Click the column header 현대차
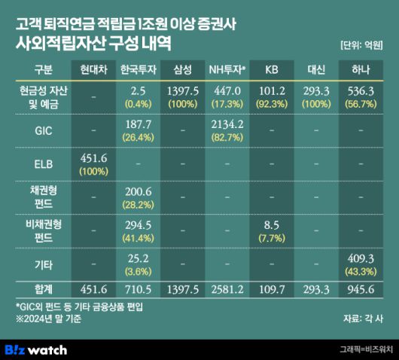pyautogui.click(x=94, y=71)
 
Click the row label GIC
pyautogui.click(x=44, y=129)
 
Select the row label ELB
pyautogui.click(x=44, y=162)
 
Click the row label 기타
pyautogui.click(x=44, y=261)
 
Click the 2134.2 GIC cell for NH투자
pyautogui.click(x=228, y=124)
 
